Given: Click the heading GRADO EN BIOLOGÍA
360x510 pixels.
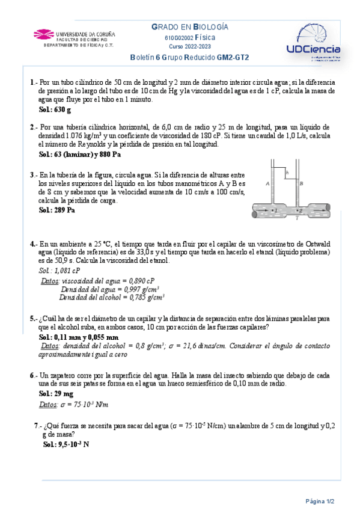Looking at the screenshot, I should [190, 27].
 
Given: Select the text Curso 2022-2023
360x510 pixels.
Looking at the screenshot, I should [189, 46].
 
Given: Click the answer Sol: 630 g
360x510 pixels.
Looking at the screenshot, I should [55, 109].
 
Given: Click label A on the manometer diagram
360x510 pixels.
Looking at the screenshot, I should [267, 182].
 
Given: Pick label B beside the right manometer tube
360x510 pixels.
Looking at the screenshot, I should [301, 182].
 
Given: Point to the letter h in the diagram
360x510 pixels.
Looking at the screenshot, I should [288, 173].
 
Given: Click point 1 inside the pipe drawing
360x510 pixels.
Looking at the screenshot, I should [275, 211].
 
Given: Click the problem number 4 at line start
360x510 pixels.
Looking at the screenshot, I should [32, 244].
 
